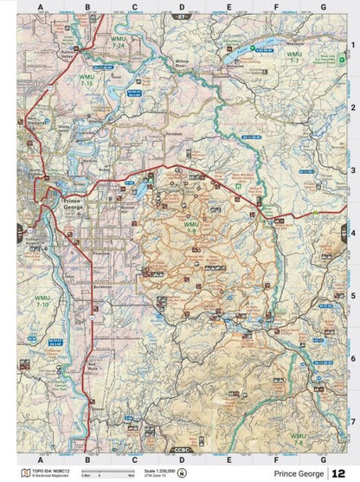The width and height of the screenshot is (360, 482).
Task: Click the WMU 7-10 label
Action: [42, 303]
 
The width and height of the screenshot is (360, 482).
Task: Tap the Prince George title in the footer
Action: [299, 473]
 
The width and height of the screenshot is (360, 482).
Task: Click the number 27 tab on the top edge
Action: [180, 17]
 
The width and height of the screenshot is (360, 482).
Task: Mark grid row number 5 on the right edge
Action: [353, 295]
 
